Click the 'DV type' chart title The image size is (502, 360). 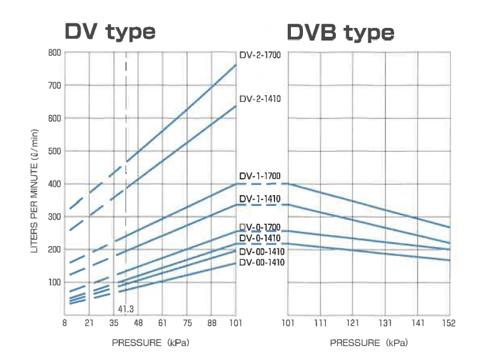coord(110,31)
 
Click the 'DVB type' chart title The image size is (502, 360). coord(340,31)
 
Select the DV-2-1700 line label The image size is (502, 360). coord(260,55)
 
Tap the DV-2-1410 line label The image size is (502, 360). coord(260,99)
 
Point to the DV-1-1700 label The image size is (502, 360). coord(260,176)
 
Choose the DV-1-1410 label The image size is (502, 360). coord(260,199)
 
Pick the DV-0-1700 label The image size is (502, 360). coord(260,227)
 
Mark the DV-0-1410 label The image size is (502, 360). coord(260,238)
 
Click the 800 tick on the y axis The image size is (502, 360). coord(55,53)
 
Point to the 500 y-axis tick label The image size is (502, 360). coord(55,151)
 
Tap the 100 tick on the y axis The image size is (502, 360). coord(55,282)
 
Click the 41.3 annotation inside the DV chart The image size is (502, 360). coord(126,309)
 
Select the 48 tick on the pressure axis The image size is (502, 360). coord(138,323)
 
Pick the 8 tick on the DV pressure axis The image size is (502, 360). coord(65,323)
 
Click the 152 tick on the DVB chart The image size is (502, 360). coord(449,323)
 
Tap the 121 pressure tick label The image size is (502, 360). coord(352,323)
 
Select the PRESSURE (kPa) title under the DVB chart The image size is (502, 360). coord(368,343)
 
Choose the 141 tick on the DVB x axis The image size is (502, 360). coord(417,323)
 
